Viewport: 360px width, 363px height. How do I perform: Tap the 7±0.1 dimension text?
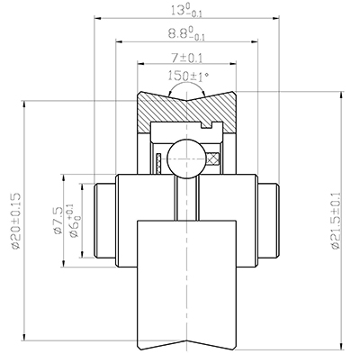(x=187, y=57)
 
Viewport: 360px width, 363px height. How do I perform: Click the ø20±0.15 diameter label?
(x=14, y=218)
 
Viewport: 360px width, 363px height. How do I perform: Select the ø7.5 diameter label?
(x=58, y=219)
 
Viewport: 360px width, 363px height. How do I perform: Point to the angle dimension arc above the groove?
(x=187, y=88)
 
